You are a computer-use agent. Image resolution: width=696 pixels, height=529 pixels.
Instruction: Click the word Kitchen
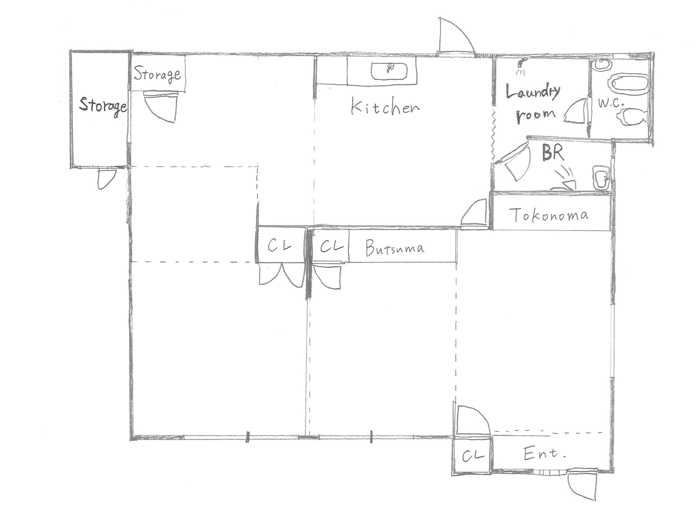click(x=385, y=107)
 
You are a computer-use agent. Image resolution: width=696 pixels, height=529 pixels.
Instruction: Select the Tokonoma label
click(x=550, y=215)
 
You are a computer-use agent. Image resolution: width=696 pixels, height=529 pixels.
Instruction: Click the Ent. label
click(x=544, y=454)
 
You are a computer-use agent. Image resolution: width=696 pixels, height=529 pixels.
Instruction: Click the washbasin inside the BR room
click(x=601, y=178)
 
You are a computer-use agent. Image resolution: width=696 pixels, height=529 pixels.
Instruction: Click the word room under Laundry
click(x=536, y=115)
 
